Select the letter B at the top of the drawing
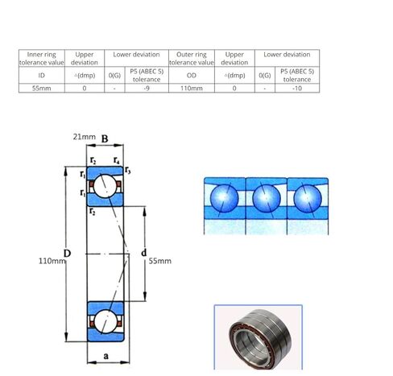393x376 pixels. tap(105, 139)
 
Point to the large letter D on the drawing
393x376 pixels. tap(68, 254)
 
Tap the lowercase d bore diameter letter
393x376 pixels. tap(143, 254)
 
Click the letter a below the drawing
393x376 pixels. tap(105, 354)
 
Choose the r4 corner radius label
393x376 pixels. tap(118, 160)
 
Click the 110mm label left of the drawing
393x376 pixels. tap(52, 261)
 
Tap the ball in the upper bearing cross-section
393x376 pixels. tap(105, 187)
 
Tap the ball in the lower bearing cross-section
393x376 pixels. tap(105, 321)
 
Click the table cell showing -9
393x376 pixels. tap(146, 88)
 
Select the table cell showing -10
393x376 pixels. tap(297, 88)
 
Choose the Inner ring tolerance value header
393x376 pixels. tap(40, 58)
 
